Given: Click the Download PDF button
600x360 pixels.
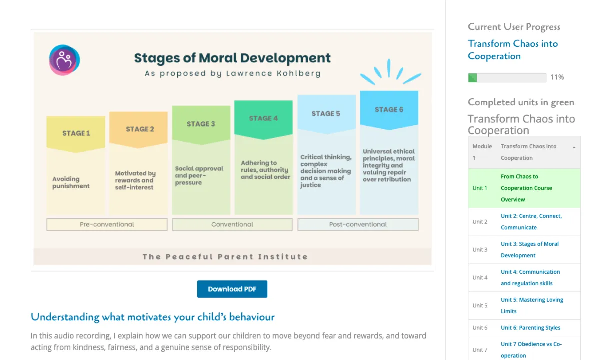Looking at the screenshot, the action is (232, 289).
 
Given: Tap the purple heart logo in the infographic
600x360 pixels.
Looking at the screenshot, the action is (64, 60).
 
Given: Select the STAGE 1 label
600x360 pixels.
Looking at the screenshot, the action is (76, 133).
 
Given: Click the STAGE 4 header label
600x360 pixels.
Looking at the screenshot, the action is (263, 118).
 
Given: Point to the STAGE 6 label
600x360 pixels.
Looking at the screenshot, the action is (389, 109).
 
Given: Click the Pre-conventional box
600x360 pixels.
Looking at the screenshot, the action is (107, 224).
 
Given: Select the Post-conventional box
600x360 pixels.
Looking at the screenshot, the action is (358, 224).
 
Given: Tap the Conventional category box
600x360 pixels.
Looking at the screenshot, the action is (232, 224).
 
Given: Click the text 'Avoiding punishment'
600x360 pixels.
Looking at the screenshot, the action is (71, 182).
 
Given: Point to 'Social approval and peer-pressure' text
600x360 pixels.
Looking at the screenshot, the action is (199, 175).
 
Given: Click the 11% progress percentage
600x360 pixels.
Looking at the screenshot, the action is (557, 77).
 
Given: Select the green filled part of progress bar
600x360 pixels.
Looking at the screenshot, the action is (472, 77).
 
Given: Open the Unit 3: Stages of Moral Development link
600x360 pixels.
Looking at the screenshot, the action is (530, 249).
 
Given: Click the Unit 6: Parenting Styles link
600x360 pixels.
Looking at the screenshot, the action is (530, 328).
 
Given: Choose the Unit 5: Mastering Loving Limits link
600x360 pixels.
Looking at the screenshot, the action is (532, 305).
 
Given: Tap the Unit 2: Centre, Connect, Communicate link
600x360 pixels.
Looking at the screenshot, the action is (531, 222).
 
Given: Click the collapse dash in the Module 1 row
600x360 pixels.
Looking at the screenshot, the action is (574, 147).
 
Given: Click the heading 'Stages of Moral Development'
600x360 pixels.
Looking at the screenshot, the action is (232, 58).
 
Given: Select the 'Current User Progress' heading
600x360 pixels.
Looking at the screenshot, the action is (514, 27).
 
